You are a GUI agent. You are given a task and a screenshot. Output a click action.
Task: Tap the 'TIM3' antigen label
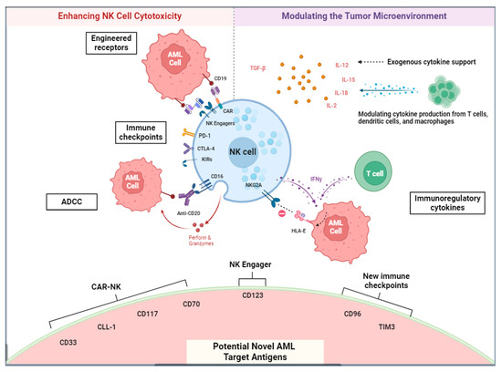point(399,325)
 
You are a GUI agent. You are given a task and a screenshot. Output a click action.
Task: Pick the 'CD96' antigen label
point(353,315)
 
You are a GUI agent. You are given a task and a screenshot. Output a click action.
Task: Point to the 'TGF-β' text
point(260,68)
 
